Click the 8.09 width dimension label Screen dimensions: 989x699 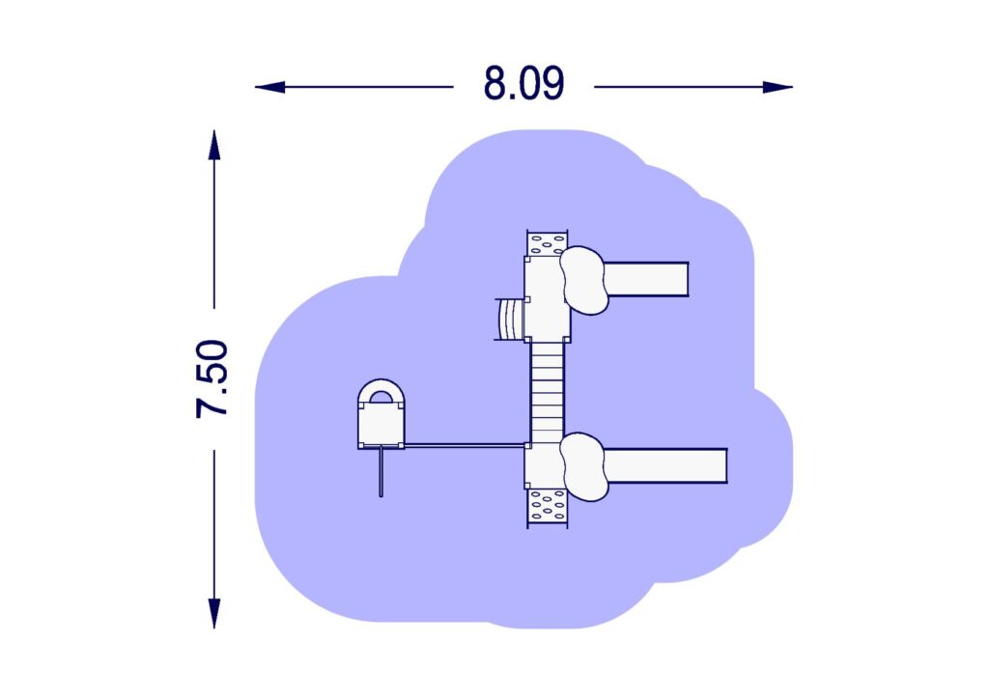coord(523,84)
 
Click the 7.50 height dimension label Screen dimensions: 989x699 coord(212,378)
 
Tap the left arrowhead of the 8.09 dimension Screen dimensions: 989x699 coord(270,87)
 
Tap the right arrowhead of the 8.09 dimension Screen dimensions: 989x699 coord(777,87)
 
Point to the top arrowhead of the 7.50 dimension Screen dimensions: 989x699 coord(214,145)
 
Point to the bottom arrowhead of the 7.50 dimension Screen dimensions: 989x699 coord(214,613)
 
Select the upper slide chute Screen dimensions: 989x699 coord(646,279)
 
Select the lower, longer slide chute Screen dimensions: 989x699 coord(665,465)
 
